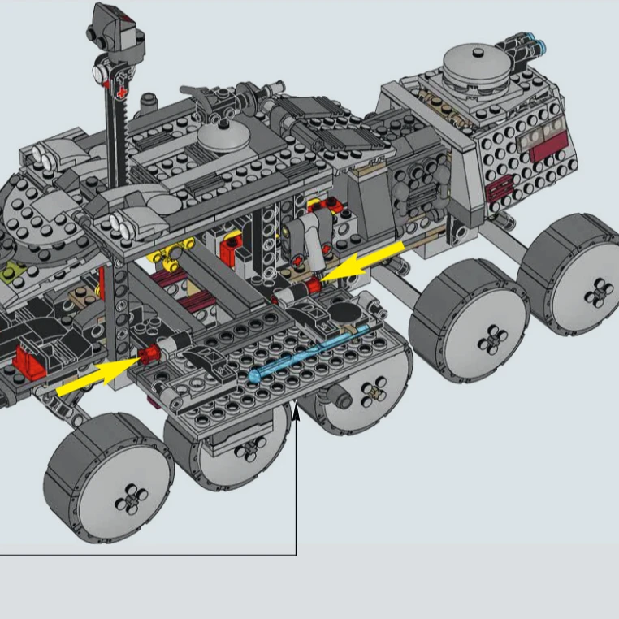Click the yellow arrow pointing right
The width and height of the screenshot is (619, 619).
[x=93, y=376]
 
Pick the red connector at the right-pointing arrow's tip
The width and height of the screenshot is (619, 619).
[x=149, y=353]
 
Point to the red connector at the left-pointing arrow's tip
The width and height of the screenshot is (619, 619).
[x=309, y=285]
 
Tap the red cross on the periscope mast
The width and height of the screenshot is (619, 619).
[x=122, y=94]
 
